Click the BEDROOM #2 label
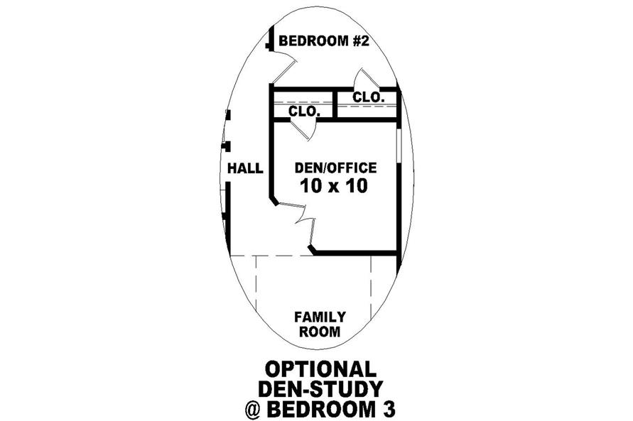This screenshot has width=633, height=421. (x=324, y=41)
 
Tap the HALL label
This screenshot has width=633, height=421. (x=245, y=168)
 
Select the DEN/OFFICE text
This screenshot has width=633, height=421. (x=335, y=168)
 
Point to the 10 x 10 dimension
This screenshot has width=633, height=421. (x=334, y=186)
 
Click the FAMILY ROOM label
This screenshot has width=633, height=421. (x=320, y=324)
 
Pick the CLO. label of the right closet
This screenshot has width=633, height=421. (x=368, y=97)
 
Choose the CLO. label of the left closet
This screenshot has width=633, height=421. (x=304, y=111)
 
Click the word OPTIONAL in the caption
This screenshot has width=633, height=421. (x=320, y=369)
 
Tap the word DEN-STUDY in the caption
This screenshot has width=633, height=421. (x=320, y=389)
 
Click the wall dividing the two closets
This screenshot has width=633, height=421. (x=335, y=104)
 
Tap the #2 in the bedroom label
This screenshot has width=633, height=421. (x=361, y=41)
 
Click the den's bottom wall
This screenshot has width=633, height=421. (x=355, y=253)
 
